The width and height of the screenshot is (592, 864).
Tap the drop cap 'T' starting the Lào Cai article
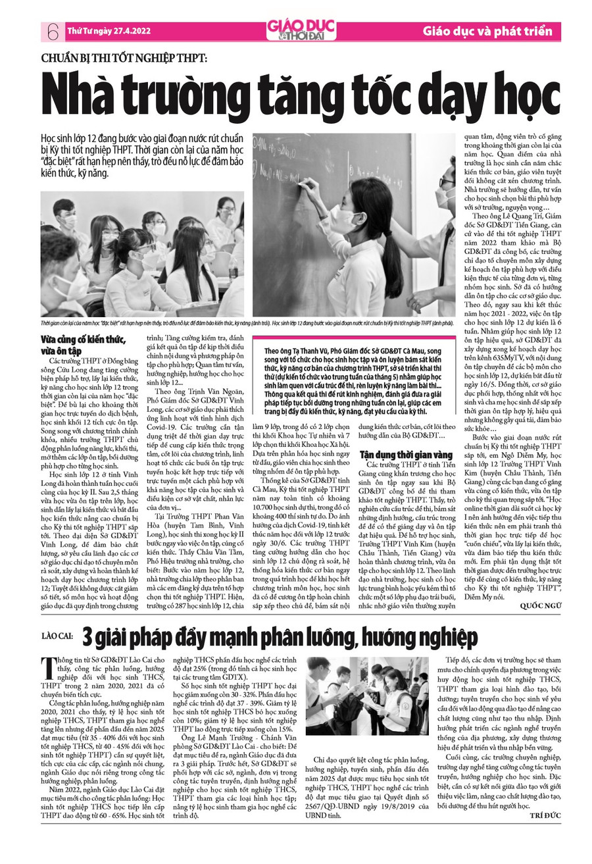47,667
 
